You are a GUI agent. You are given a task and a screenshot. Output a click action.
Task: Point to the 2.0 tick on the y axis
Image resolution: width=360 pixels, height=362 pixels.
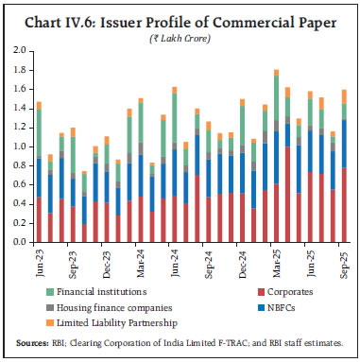(23, 49)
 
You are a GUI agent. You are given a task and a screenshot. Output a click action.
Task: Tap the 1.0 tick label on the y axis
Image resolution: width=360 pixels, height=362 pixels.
(23, 147)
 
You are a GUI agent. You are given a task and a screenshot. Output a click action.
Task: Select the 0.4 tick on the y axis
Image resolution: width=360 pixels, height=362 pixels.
(23, 205)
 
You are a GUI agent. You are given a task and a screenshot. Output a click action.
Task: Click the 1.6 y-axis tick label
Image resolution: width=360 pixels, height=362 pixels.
(23, 88)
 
